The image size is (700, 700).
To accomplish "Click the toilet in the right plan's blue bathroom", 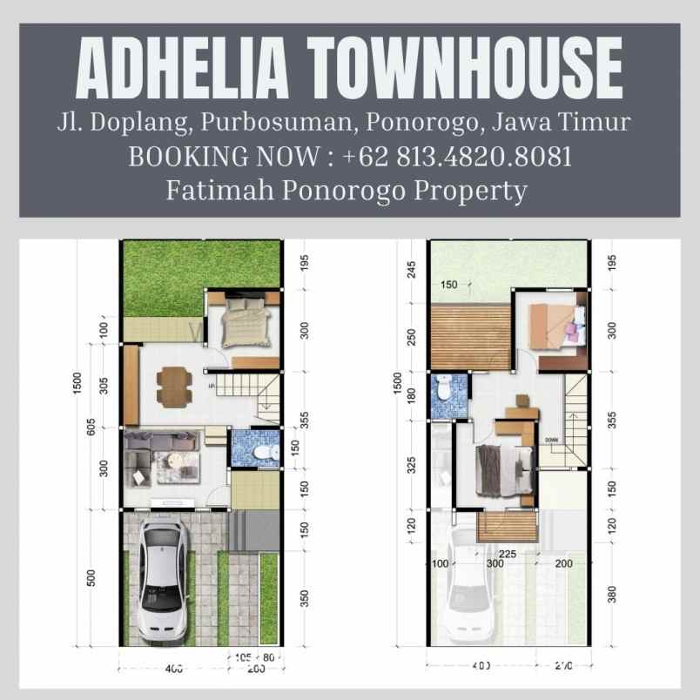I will coord(444,388).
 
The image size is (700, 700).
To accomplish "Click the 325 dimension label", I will coord(411,465).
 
